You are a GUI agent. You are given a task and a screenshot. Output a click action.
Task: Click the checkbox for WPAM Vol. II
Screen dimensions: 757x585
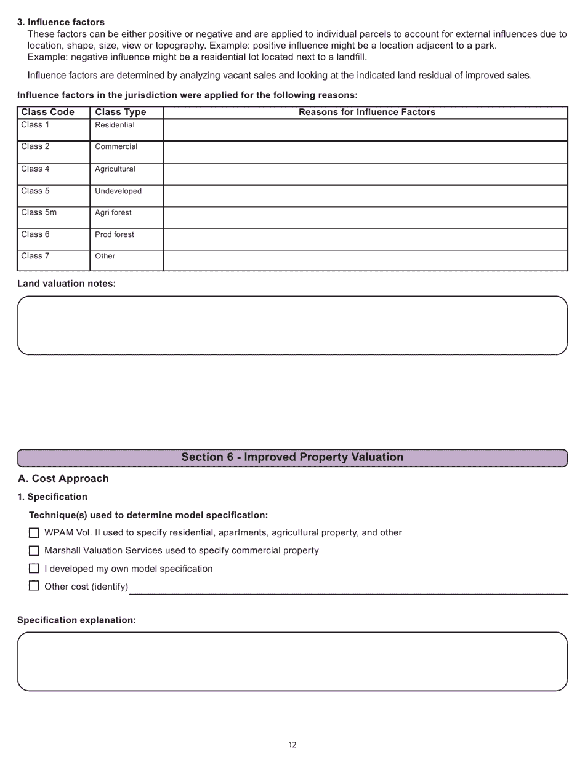coord(34,533)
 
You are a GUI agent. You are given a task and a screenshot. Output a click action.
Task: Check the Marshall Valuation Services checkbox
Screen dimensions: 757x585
coord(34,551)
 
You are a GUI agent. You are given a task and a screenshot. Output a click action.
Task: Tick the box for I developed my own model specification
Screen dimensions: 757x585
coord(34,569)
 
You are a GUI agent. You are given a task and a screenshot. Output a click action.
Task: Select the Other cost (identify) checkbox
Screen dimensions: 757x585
coord(34,586)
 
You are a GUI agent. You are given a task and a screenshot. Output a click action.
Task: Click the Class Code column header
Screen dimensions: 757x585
coord(47,112)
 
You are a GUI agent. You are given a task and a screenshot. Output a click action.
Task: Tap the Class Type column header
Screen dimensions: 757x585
coord(121,112)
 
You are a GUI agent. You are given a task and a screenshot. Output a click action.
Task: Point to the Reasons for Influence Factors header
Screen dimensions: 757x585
coord(366,112)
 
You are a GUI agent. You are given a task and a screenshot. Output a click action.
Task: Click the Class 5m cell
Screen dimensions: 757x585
coord(53,217)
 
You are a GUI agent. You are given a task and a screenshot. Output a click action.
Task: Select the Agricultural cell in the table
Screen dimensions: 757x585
coord(126,174)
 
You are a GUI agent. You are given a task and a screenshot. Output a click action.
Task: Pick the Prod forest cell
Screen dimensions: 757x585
coord(126,239)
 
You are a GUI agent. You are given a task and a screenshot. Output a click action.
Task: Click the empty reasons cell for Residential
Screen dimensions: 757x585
coord(365,130)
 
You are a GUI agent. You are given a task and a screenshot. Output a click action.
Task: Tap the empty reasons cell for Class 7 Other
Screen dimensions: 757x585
coord(365,260)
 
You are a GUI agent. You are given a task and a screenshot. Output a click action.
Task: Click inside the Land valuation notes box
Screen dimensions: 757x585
coord(292,326)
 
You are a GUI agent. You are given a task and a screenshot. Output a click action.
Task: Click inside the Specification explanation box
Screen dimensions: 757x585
coord(292,662)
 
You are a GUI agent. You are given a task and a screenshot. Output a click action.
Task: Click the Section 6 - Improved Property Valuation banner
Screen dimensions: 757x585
coord(292,457)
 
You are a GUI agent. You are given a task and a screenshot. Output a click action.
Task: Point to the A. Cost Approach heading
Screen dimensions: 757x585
coord(63,479)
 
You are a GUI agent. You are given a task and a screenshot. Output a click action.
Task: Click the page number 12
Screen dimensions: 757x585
coord(292,745)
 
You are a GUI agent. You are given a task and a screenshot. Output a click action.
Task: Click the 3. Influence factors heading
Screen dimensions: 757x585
coord(61,22)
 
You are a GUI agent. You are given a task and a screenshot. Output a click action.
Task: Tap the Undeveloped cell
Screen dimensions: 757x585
coord(126,195)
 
